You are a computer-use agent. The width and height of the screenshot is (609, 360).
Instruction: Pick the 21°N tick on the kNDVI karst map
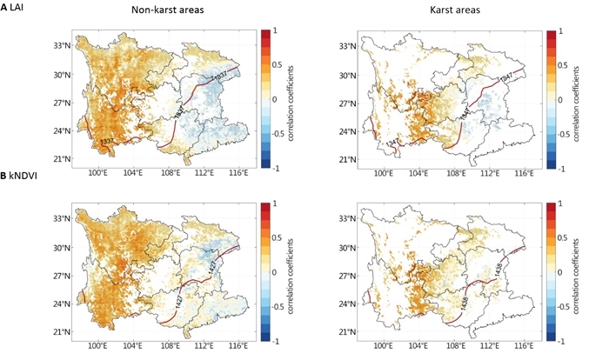349,332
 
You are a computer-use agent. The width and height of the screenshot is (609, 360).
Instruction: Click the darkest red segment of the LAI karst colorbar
550,36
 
